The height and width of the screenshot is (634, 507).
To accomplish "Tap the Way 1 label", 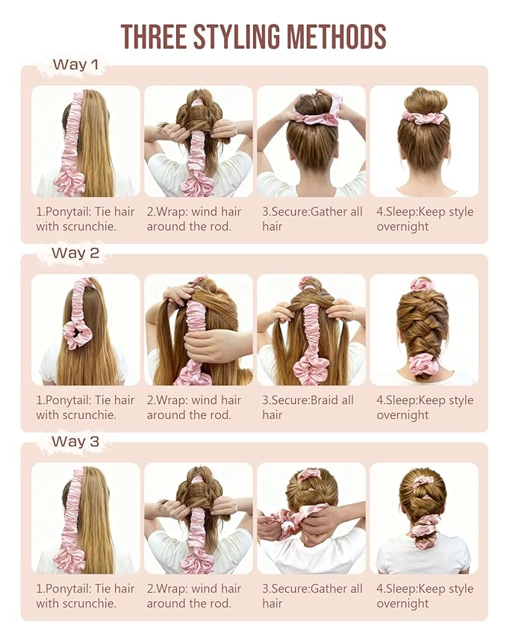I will (x=75, y=65).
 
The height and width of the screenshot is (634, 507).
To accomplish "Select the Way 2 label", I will (x=75, y=253).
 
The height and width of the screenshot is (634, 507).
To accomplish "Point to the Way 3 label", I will (x=75, y=441).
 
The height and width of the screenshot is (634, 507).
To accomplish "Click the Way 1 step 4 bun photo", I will (x=423, y=141).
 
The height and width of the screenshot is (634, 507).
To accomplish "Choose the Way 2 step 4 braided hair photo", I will (x=423, y=329).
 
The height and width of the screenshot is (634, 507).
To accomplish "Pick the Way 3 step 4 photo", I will (x=423, y=518).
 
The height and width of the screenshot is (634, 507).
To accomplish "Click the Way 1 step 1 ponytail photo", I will (x=85, y=141).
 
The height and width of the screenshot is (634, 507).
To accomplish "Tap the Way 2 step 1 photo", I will (x=85, y=329).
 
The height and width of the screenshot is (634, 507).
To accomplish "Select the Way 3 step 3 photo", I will (x=311, y=518).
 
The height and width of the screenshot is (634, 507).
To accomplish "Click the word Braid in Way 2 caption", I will (x=323, y=400).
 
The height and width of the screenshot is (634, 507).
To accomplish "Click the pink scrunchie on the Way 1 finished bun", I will (x=423, y=117).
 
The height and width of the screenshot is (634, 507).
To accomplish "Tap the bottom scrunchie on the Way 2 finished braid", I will (x=423, y=364).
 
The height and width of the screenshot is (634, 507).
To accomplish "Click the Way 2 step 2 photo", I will (x=198, y=329).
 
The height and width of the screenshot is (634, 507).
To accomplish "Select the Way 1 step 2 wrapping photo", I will (x=198, y=141).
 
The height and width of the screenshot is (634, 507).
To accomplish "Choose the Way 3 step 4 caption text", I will (x=424, y=596).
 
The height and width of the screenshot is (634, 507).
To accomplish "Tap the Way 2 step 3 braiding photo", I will (x=311, y=329).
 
